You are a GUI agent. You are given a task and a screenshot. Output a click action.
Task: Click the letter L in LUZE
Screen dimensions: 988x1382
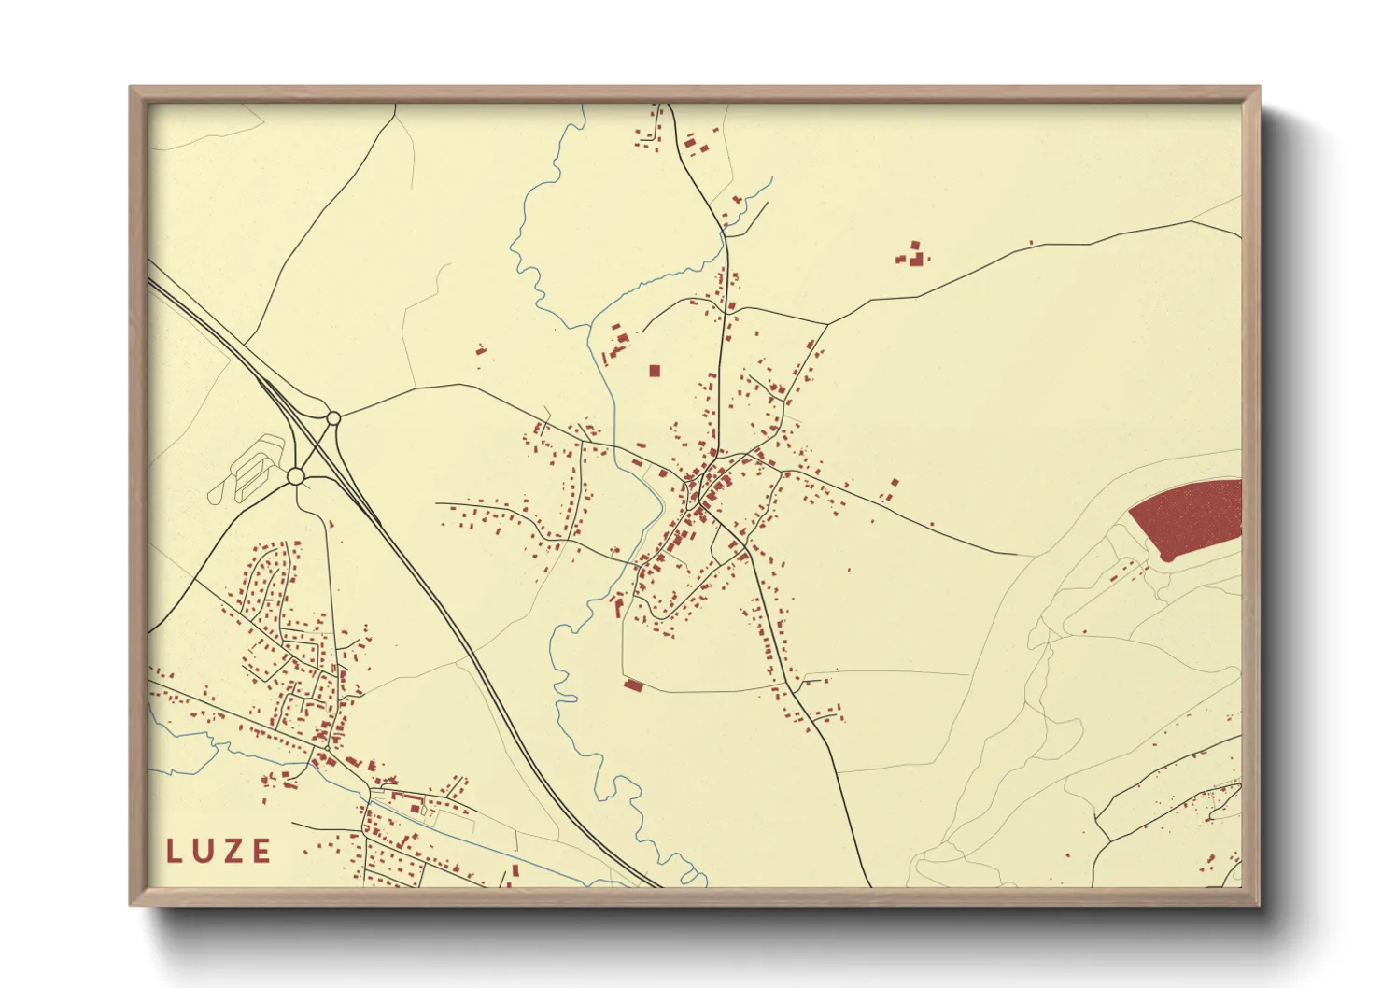click(x=174, y=852)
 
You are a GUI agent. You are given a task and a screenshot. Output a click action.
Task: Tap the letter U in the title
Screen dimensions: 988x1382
click(x=204, y=852)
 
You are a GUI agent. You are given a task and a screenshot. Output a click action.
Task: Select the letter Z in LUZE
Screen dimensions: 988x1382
click(x=233, y=852)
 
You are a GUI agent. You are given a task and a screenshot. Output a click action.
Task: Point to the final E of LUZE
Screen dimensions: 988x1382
click(x=261, y=852)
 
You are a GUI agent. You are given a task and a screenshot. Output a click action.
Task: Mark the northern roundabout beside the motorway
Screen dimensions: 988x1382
click(x=333, y=418)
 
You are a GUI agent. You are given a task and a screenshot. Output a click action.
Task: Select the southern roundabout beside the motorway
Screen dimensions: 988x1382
click(x=296, y=477)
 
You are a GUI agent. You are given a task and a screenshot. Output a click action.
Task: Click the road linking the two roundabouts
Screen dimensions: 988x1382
click(x=316, y=448)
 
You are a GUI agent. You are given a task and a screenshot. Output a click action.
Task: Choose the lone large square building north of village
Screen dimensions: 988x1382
click(x=655, y=371)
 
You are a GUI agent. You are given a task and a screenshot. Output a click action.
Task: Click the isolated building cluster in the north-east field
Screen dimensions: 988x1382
click(x=912, y=254)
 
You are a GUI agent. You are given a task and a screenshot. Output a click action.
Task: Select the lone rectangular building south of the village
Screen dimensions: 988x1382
click(x=633, y=686)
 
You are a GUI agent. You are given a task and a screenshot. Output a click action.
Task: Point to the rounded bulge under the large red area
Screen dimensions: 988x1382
click(x=1166, y=557)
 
